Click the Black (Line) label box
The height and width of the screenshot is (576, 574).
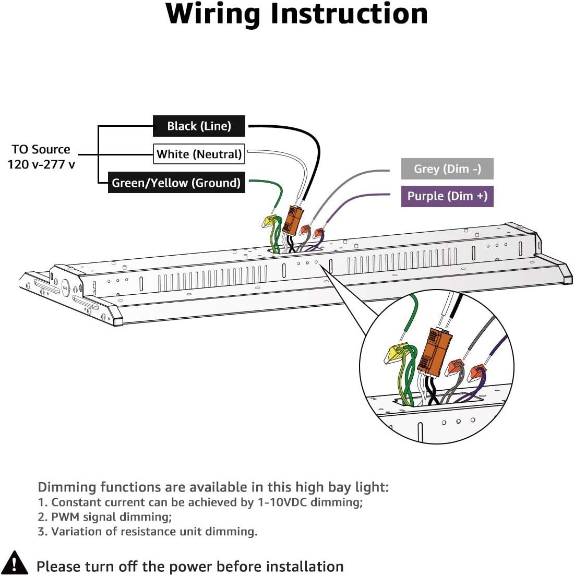[199, 126]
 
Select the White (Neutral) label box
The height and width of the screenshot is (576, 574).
[199, 154]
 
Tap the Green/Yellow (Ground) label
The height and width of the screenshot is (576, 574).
[176, 183]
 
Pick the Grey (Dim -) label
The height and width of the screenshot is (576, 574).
[447, 169]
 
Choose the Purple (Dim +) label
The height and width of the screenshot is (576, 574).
[447, 196]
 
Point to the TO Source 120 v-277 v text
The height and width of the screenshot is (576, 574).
[41, 157]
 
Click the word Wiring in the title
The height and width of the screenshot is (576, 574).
[213, 15]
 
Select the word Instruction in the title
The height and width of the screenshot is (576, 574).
[349, 14]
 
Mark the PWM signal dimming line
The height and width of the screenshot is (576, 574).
[105, 517]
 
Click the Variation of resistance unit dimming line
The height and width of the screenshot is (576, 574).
[147, 532]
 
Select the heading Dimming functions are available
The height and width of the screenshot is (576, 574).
[213, 487]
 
